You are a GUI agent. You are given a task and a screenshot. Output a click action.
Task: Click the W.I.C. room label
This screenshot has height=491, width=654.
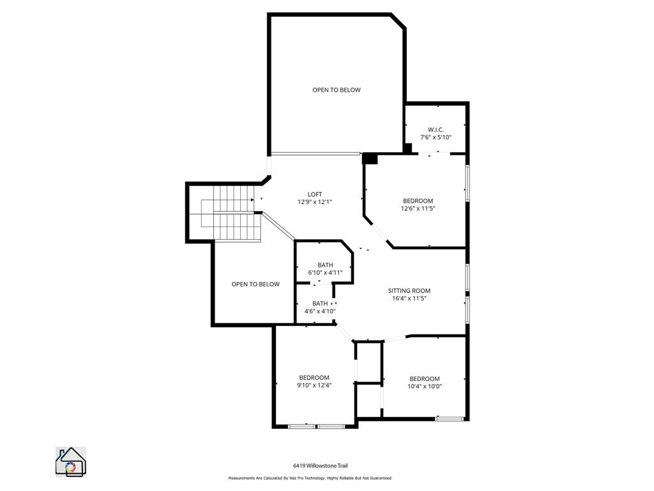[x=436, y=129]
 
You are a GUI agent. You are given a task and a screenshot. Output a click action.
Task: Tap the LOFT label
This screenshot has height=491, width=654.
[x=315, y=194]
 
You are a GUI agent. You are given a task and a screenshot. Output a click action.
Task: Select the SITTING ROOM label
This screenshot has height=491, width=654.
[x=410, y=290]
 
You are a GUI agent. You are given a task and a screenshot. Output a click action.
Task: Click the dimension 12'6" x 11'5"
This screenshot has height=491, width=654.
[x=418, y=208]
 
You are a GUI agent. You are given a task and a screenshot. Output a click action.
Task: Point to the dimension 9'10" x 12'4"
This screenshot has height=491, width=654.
[x=314, y=386]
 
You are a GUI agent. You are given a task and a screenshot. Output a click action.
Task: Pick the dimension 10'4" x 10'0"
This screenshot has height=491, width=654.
[x=425, y=386]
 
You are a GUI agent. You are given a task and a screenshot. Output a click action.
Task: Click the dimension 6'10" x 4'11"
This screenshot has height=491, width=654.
[x=325, y=272]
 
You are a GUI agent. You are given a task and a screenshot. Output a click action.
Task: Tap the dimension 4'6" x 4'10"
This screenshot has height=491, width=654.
[x=320, y=311]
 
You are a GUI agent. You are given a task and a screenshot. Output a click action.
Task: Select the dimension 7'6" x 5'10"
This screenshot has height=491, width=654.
[x=436, y=137]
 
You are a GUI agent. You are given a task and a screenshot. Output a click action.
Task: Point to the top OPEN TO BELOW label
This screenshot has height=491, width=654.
[x=336, y=90]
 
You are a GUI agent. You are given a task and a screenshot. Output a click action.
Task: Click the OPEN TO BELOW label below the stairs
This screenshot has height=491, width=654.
[x=255, y=284]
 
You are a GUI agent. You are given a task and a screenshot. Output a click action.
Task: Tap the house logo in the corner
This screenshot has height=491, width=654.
[x=71, y=462]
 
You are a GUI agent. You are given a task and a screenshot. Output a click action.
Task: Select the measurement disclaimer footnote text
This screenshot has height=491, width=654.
[x=310, y=478]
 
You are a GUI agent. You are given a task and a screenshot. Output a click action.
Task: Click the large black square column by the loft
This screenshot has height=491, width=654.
[x=370, y=158]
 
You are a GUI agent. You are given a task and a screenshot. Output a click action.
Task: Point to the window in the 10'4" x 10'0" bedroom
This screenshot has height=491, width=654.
[x=450, y=419]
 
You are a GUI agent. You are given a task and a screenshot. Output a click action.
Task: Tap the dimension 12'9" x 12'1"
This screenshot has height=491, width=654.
[x=315, y=202]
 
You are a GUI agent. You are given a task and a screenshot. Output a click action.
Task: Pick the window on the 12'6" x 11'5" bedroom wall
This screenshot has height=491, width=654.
[x=468, y=183]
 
